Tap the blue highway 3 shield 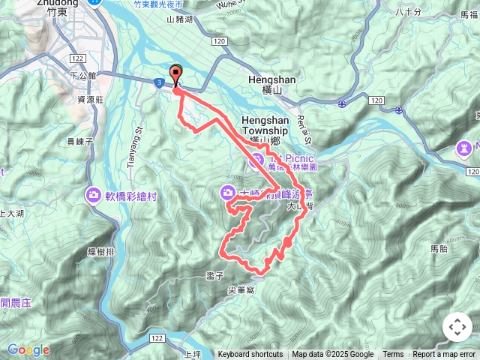click(160, 81)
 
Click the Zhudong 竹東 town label click(56, 7)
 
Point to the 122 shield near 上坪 click(157, 340)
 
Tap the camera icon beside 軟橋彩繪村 click(94, 196)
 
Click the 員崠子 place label click(79, 140)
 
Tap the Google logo click(28, 349)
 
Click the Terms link click(393, 355)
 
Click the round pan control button click(457, 327)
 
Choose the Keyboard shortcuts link click(250, 355)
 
